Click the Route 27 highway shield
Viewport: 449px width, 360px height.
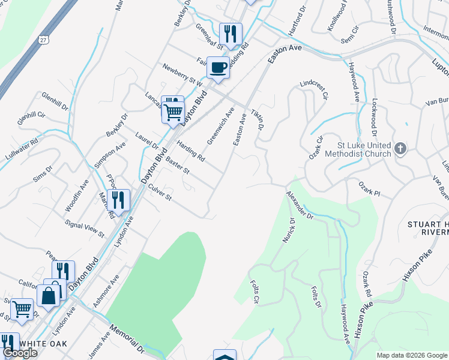coord(43,39)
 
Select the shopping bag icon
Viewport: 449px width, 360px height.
coord(49,295)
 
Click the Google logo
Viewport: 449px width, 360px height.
coord(19,353)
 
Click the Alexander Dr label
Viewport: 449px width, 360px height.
coord(300,204)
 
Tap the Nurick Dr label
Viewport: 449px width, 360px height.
coord(288,230)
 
